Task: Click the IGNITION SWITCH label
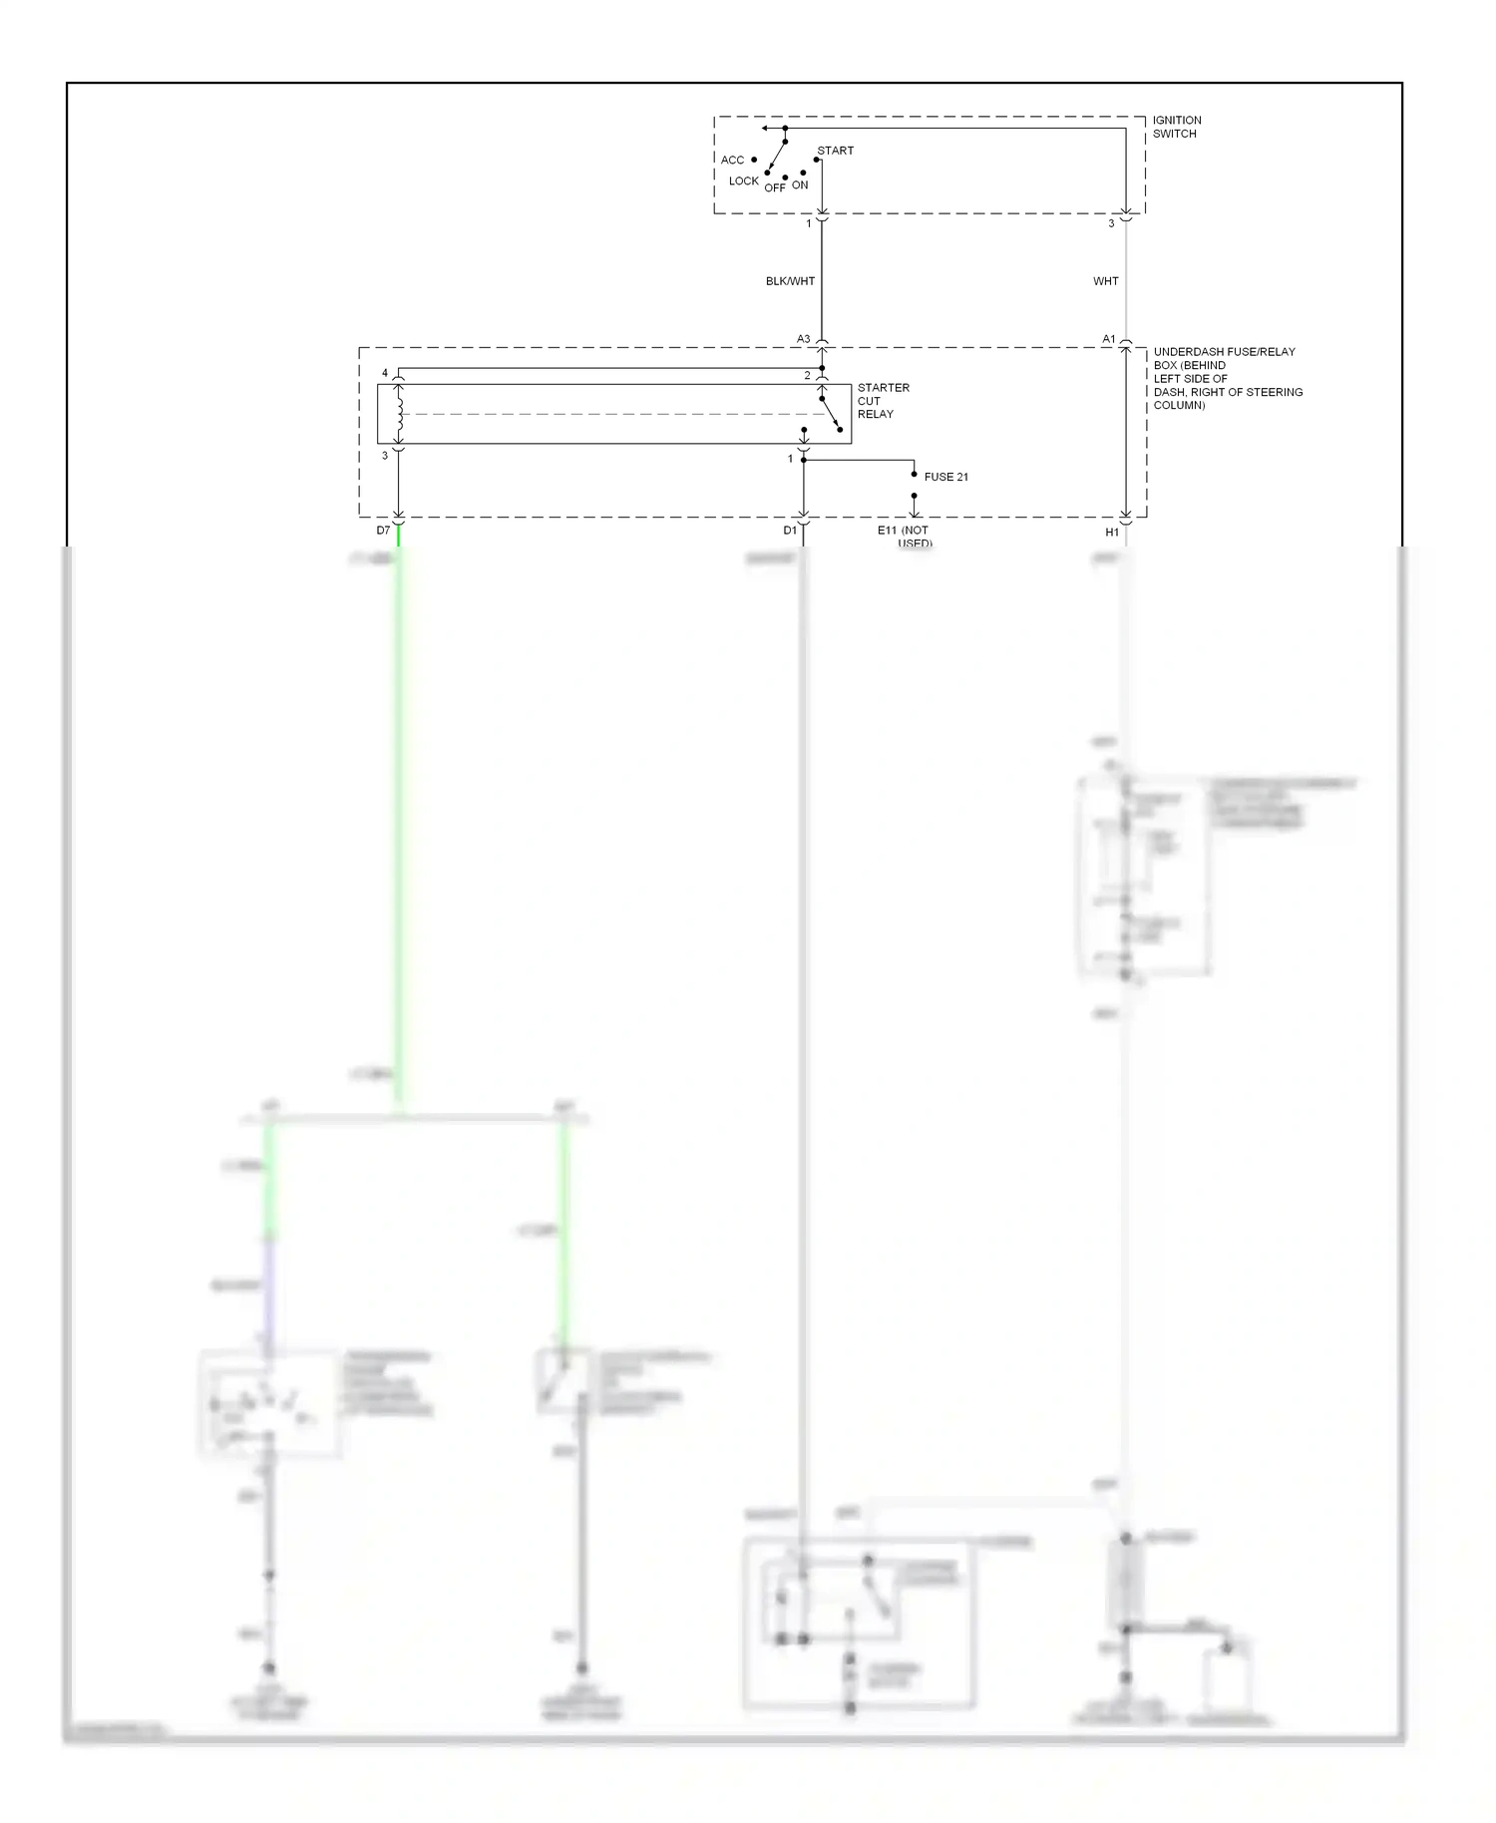coord(1176,127)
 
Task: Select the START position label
coord(835,151)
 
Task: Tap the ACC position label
coord(732,160)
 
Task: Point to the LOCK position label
coord(743,182)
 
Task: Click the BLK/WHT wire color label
coord(790,281)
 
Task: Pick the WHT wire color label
coord(1105,281)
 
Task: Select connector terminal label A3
coord(803,339)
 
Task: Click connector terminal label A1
coord(1108,339)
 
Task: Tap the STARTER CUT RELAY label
coord(883,401)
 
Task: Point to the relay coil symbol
coord(399,415)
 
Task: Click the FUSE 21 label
coord(945,477)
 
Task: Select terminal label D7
coord(383,531)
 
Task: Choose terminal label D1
coord(789,531)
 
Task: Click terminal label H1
coord(1111,533)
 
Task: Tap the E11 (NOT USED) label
coord(904,536)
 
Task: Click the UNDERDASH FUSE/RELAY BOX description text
coord(1227,378)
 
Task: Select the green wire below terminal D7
coord(398,798)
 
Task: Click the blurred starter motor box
coord(858,1624)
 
